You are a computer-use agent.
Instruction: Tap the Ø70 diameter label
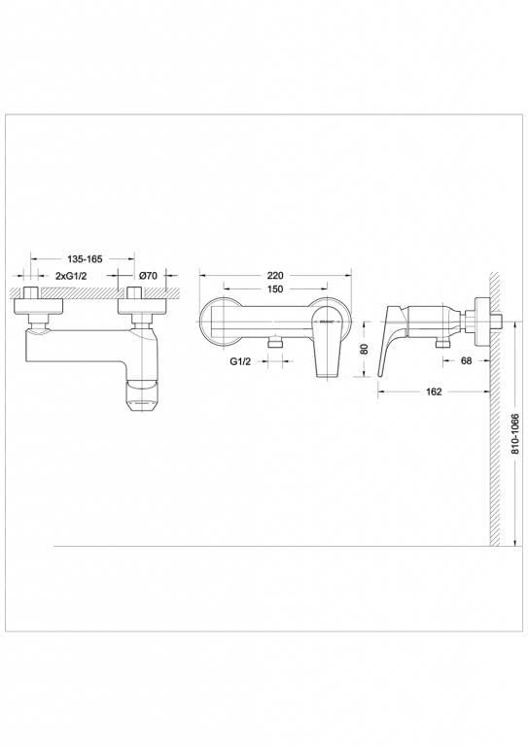point(148,277)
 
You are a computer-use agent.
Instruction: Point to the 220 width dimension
point(278,275)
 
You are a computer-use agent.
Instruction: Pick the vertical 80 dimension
point(362,348)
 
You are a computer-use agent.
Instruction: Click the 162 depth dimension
point(434,391)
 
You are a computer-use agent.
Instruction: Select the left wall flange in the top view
point(40,308)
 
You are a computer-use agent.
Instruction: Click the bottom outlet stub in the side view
point(442,343)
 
